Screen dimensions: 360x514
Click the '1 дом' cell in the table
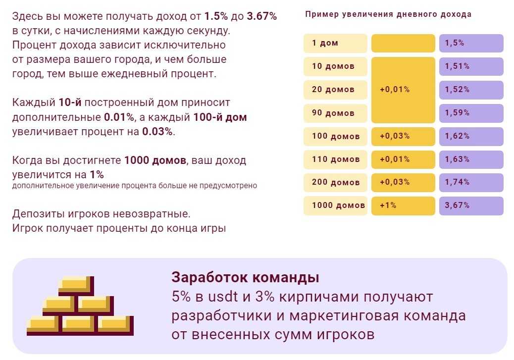(x=335, y=43)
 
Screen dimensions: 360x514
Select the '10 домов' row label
(x=335, y=66)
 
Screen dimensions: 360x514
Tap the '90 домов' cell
(x=335, y=113)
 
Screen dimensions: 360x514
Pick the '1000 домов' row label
(x=335, y=206)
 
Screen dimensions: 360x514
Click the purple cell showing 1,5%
(x=471, y=43)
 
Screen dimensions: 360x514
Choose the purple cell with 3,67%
(x=471, y=206)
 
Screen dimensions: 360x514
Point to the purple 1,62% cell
(x=471, y=136)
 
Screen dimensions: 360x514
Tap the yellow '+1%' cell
(x=403, y=206)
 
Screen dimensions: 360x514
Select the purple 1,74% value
(x=471, y=182)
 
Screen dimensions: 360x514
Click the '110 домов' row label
(x=335, y=159)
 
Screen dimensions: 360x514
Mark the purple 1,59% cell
(x=471, y=113)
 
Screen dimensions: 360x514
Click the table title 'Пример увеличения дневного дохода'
(x=388, y=14)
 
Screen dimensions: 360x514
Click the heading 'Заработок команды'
(x=245, y=277)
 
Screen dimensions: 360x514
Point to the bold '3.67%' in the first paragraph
(x=261, y=16)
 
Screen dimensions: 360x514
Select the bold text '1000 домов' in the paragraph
(x=155, y=160)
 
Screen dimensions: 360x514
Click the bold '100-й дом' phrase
(x=222, y=118)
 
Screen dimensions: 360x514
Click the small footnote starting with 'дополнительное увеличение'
(x=135, y=186)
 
